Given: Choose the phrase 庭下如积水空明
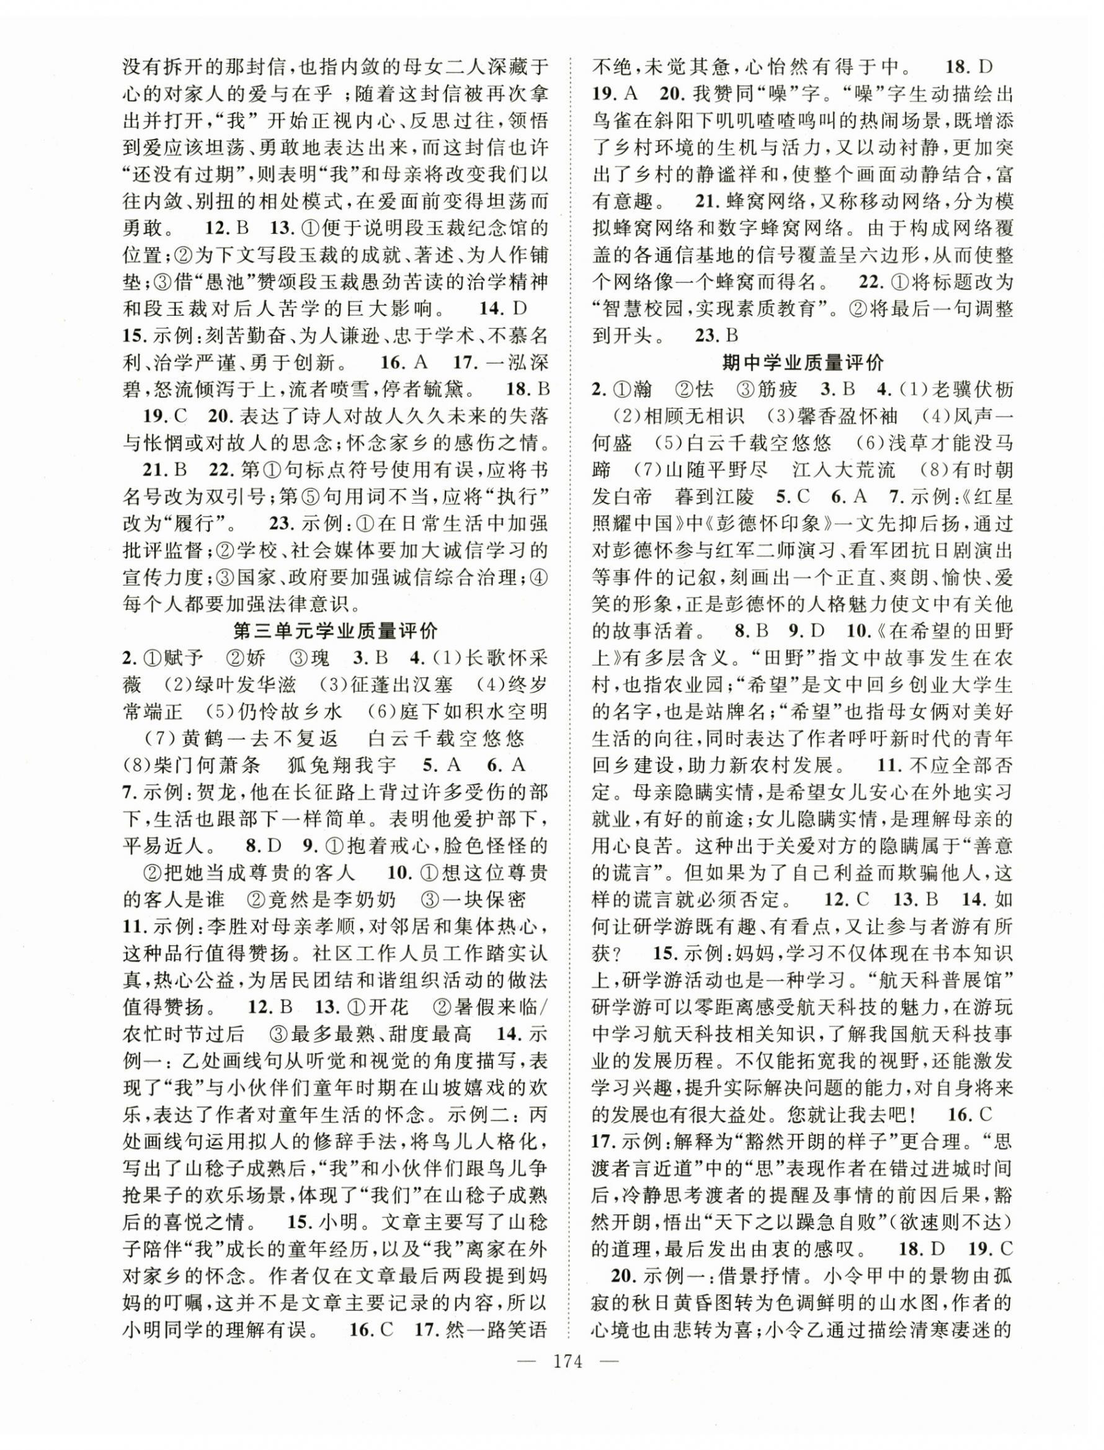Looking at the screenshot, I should coord(466,712).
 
